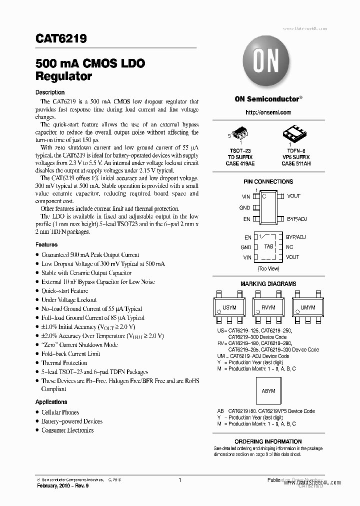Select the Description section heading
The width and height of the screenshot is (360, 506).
(49, 92)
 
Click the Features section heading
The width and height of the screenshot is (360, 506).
(46, 245)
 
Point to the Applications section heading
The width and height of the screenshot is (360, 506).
(51, 402)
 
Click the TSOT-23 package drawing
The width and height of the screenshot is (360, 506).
(241, 133)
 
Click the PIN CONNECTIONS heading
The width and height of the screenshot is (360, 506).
(268, 181)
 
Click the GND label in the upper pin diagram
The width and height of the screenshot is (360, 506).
(244, 207)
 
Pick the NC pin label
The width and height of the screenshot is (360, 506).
(289, 247)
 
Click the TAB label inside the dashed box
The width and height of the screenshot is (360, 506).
(268, 247)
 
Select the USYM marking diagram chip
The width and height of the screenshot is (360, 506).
(229, 308)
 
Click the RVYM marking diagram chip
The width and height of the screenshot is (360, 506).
(268, 308)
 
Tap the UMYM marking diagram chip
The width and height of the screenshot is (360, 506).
(307, 308)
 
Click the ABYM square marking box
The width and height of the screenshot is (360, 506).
(268, 391)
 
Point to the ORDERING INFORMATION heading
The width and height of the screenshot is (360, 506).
(268, 441)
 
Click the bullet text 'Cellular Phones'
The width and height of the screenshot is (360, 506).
(60, 412)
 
